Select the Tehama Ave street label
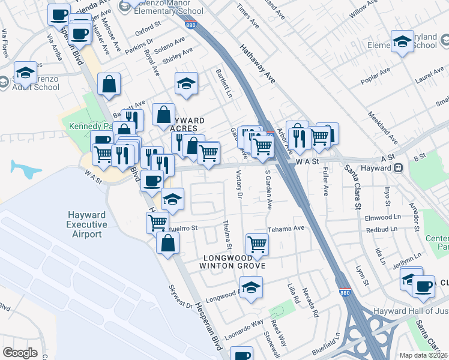(x=286, y=228)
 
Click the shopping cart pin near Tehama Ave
(x=257, y=244)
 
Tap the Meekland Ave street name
(x=383, y=127)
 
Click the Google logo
(x=20, y=353)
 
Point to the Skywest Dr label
(x=180, y=297)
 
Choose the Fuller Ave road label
(x=326, y=184)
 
